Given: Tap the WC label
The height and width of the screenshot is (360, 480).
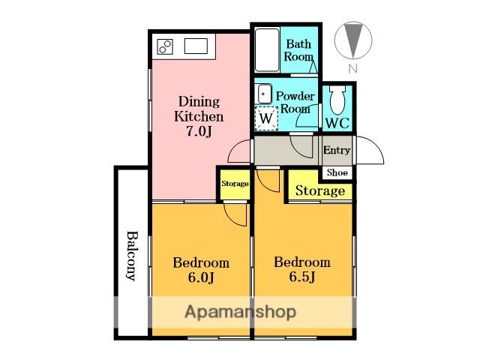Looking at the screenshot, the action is click(337, 123).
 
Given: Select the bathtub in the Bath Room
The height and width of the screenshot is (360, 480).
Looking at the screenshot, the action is click(267, 50).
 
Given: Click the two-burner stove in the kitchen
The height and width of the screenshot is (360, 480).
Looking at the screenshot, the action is click(165, 47).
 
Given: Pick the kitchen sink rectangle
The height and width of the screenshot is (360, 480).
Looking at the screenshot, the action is click(196, 46).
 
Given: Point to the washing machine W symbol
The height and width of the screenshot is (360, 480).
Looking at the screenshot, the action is click(266, 118).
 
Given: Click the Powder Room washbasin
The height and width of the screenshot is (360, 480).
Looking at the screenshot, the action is click(265, 94).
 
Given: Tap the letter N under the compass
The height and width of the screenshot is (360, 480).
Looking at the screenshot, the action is click(353, 68).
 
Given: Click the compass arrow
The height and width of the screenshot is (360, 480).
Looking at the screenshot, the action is click(353, 40).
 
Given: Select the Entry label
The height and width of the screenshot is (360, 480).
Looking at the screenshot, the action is click(337, 150).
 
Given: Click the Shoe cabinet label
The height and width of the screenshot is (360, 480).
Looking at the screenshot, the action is click(337, 172).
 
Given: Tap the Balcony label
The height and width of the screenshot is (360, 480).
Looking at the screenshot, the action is click(132, 256).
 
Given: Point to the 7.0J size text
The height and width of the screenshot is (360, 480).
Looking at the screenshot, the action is click(199, 131).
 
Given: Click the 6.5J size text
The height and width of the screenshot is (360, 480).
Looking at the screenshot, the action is click(302, 277).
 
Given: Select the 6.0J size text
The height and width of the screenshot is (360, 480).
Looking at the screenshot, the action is click(201, 277).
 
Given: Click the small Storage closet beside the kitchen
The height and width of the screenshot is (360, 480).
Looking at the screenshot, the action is click(235, 184).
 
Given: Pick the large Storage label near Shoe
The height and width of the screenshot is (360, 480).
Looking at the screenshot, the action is click(320, 190).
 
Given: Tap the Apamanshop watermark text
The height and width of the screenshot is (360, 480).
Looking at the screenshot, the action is click(241, 312).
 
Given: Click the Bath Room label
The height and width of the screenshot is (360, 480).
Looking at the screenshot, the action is click(298, 50).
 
